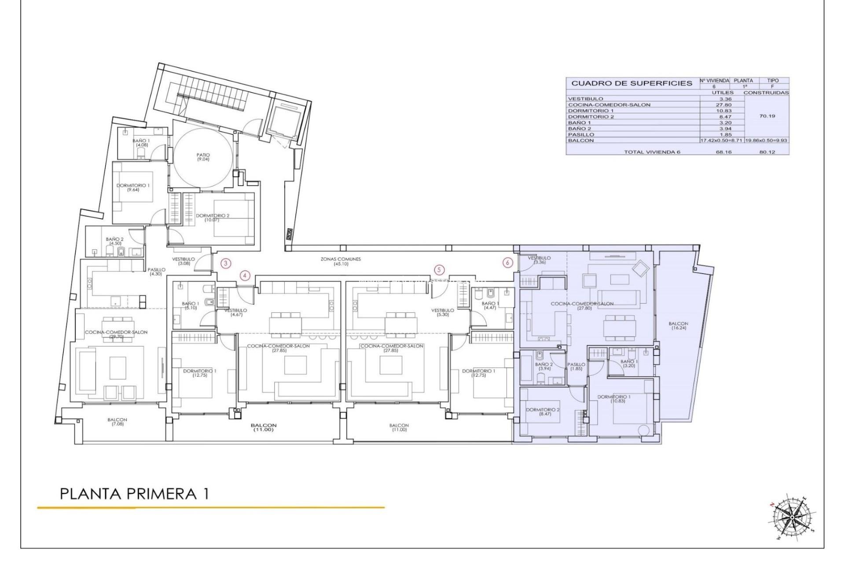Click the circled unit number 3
[225, 263]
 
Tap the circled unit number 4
[245, 276]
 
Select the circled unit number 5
[438, 269]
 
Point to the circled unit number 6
[508, 263]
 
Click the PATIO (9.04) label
[203, 157]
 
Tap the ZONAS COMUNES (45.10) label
[340, 261]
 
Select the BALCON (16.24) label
[677, 326]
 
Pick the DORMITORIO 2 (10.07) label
[213, 218]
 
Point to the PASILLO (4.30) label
[156, 271]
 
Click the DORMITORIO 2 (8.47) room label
[543, 412]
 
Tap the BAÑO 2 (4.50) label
[115, 241]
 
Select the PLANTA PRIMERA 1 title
[134, 493]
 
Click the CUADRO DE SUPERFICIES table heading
[632, 83]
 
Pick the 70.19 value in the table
[767, 116]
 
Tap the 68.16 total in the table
[722, 152]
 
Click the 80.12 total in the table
[767, 152]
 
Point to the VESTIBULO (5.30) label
[442, 312]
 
